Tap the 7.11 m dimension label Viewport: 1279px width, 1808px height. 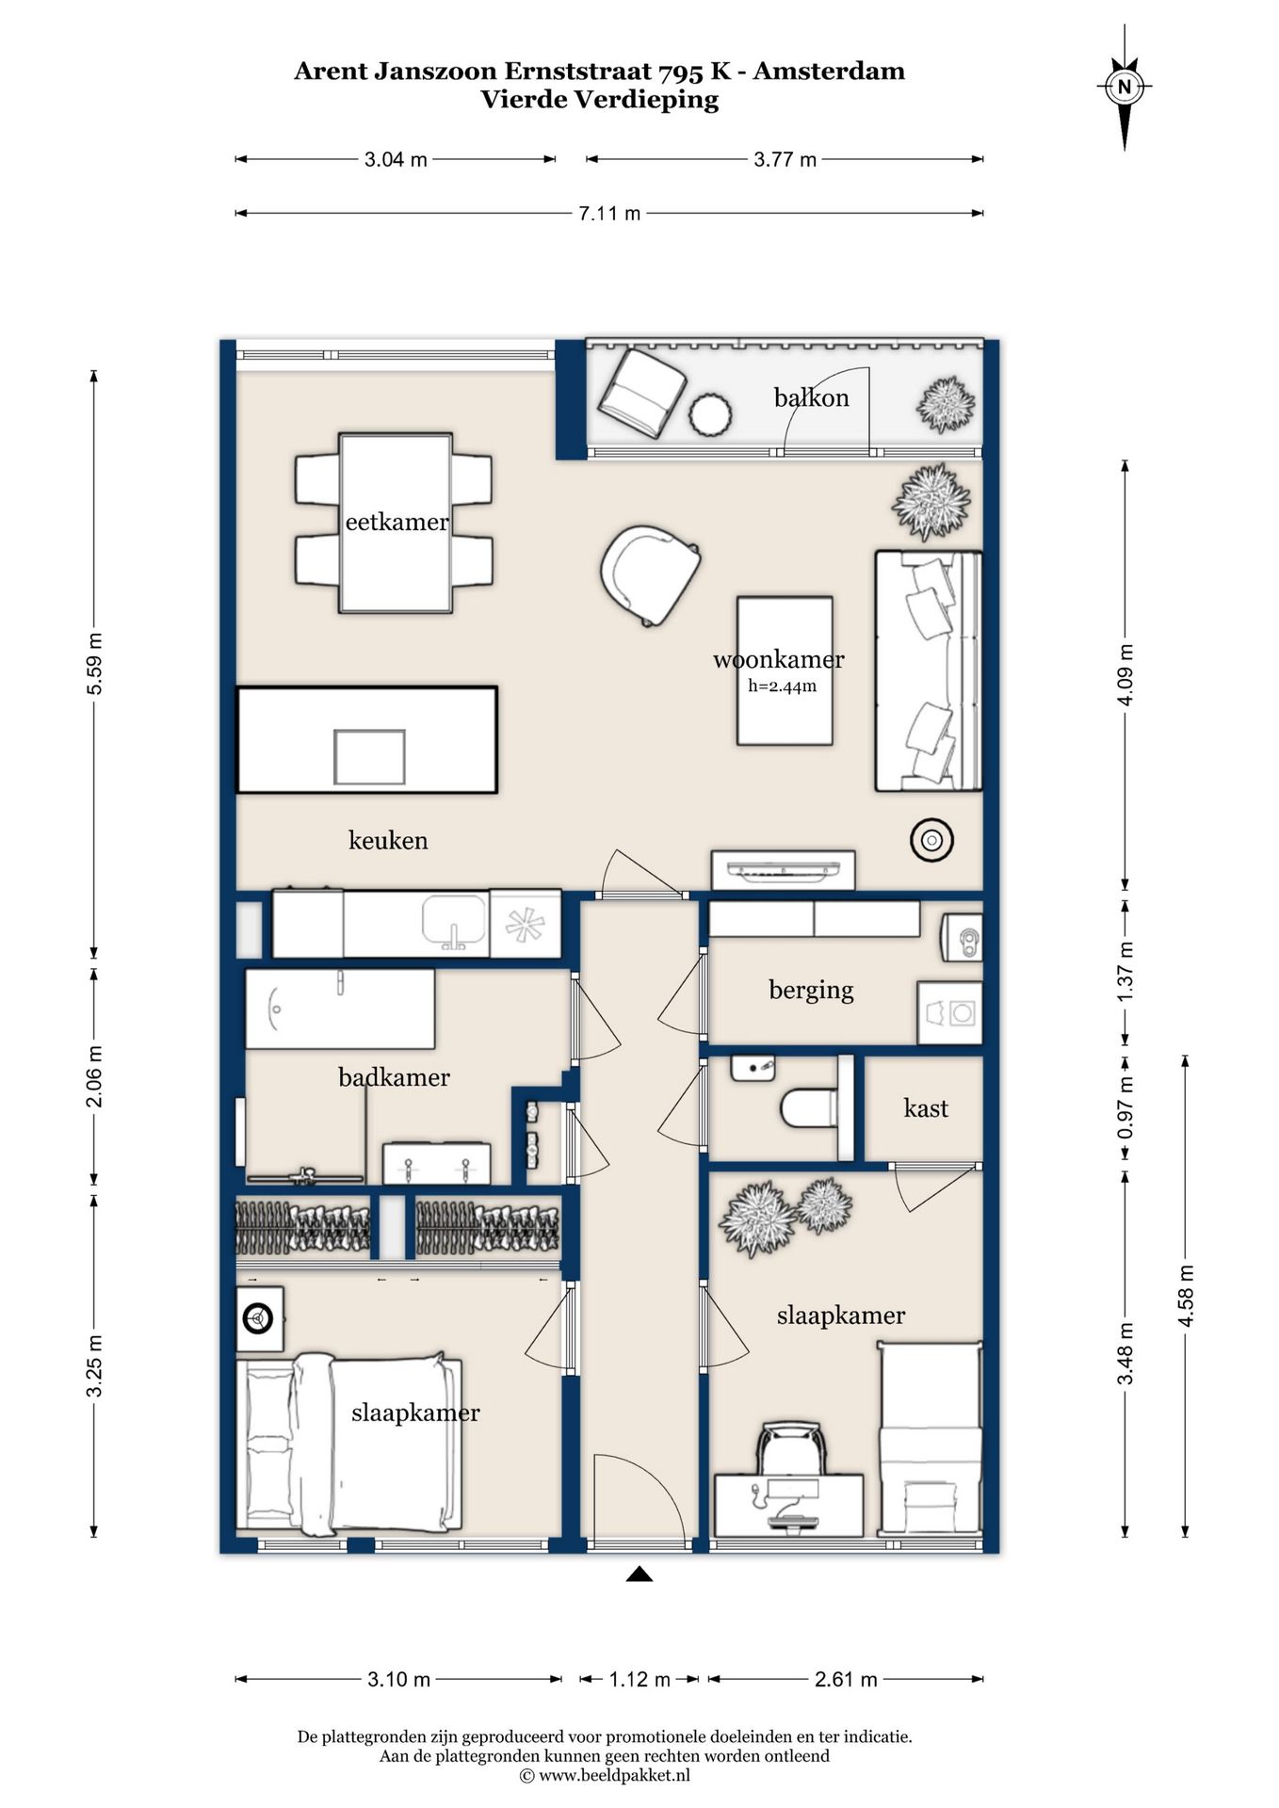click(609, 214)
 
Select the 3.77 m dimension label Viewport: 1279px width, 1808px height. click(785, 160)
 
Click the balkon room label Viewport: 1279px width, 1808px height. click(812, 397)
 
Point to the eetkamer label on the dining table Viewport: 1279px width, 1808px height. click(397, 522)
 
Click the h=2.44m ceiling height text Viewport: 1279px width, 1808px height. click(783, 686)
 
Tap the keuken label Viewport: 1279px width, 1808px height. click(388, 840)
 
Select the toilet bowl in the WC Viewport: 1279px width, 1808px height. click(809, 1107)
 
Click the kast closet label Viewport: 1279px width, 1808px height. click(926, 1108)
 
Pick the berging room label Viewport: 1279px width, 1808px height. click(811, 990)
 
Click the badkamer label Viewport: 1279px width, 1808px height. click(394, 1077)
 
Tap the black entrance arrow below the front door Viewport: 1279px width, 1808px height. click(639, 1574)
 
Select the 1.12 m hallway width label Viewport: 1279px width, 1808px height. click(639, 1679)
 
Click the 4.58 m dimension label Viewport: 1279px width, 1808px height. click(1186, 1296)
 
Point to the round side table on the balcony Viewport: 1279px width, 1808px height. click(710, 414)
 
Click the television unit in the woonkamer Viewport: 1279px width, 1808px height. click(783, 870)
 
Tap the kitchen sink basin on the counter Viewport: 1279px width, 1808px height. click(454, 920)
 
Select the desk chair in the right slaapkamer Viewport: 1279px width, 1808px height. click(792, 1447)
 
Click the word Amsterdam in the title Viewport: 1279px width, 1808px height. click(829, 71)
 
